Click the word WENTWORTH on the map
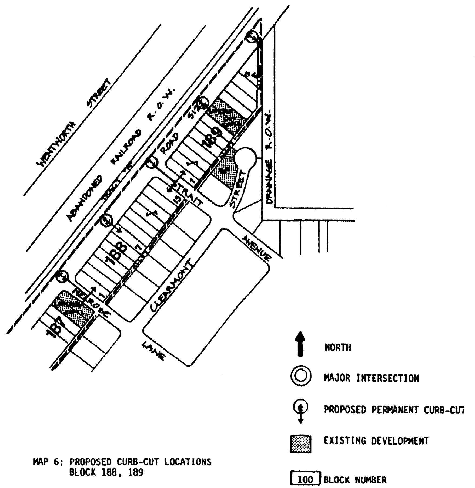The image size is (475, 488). [x=58, y=143]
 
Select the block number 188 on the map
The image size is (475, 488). [x=116, y=252]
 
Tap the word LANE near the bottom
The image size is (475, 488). [x=153, y=350]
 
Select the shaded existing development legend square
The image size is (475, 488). [x=301, y=444]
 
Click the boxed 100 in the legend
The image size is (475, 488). [x=305, y=480]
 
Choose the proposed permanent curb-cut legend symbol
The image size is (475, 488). [x=300, y=410]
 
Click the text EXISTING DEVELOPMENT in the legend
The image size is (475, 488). [x=376, y=441]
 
